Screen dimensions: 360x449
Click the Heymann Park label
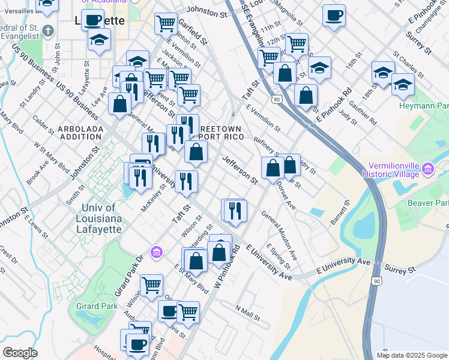tap(424, 105)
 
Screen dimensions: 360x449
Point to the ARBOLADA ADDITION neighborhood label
tap(80, 133)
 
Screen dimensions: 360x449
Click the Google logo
tap(19, 353)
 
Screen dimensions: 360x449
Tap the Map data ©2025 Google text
tap(412, 355)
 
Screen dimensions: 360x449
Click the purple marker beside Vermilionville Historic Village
tap(428, 169)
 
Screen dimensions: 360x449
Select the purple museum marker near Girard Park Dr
tap(157, 251)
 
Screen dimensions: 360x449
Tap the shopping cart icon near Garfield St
tap(166, 24)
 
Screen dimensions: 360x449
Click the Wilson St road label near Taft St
tap(190, 229)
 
